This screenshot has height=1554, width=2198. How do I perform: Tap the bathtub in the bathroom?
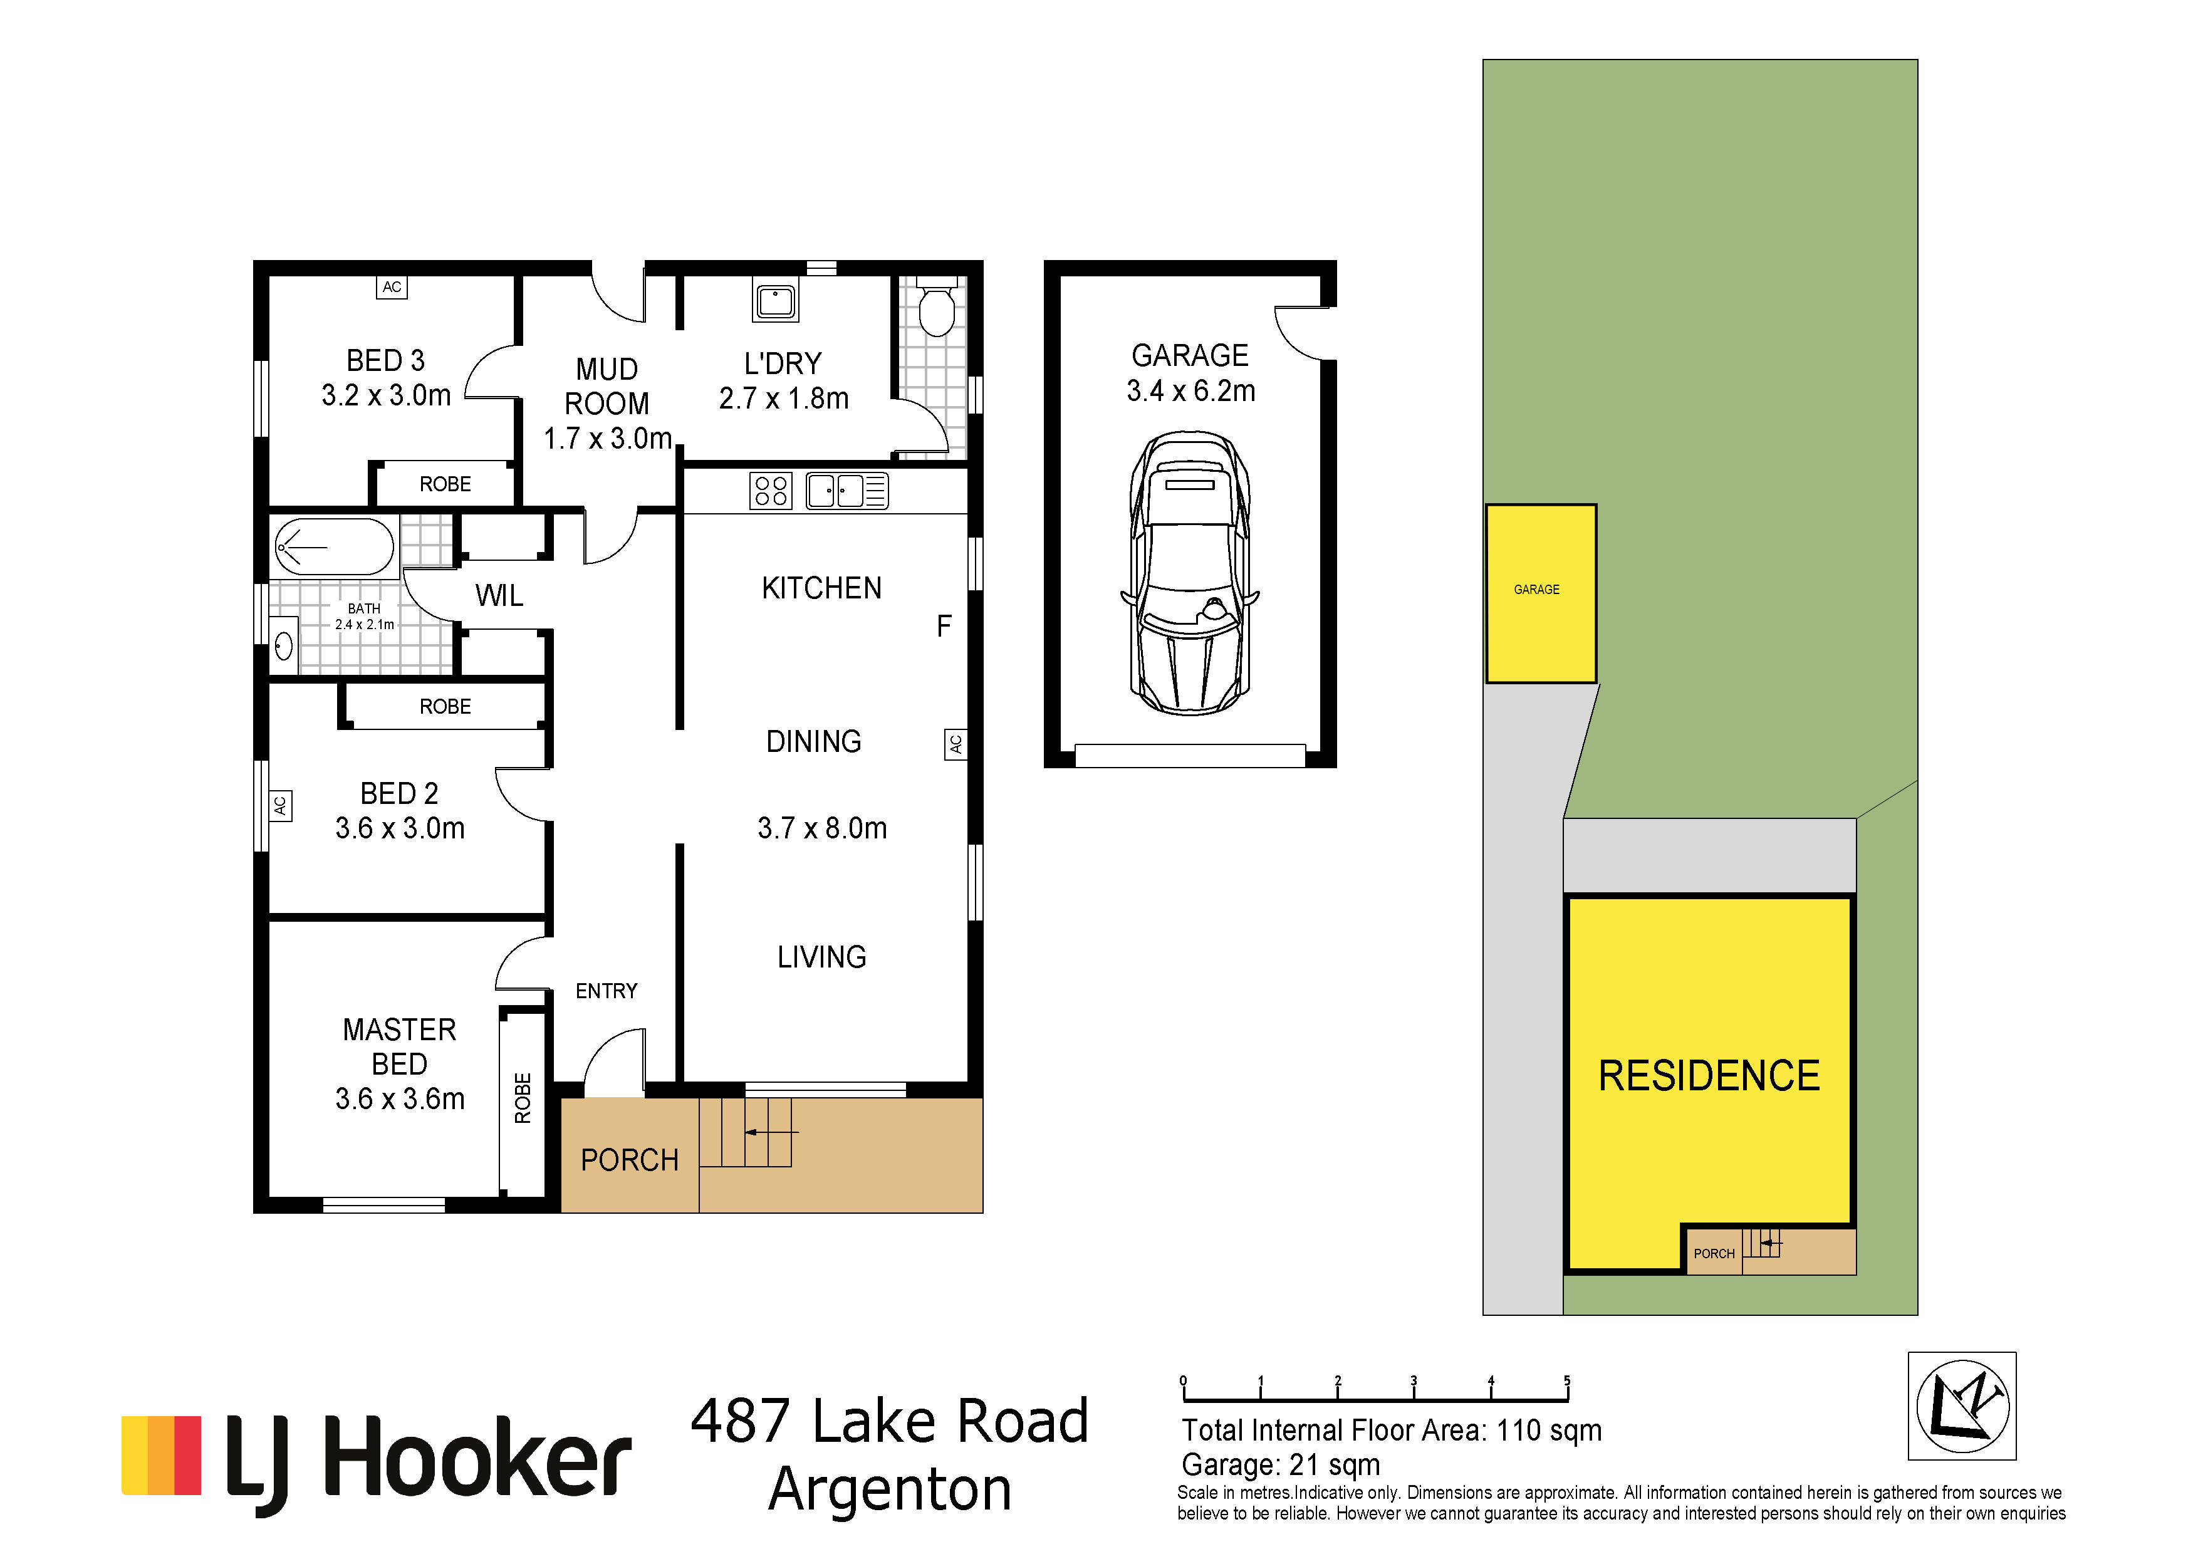coord(332,547)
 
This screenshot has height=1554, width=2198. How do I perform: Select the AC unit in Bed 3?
coord(392,287)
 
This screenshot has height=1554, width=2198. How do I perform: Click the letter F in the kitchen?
coord(944,626)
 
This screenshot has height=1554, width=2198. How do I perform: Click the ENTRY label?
coord(606,991)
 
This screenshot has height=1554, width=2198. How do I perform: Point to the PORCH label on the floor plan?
coord(629,1160)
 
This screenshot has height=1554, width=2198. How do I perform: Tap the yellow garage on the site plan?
coord(1540,593)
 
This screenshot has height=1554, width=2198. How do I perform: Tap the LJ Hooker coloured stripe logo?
coord(161,1456)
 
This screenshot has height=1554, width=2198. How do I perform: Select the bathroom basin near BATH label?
coord(283,645)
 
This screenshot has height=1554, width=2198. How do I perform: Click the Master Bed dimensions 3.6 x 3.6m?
coord(400,1098)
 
